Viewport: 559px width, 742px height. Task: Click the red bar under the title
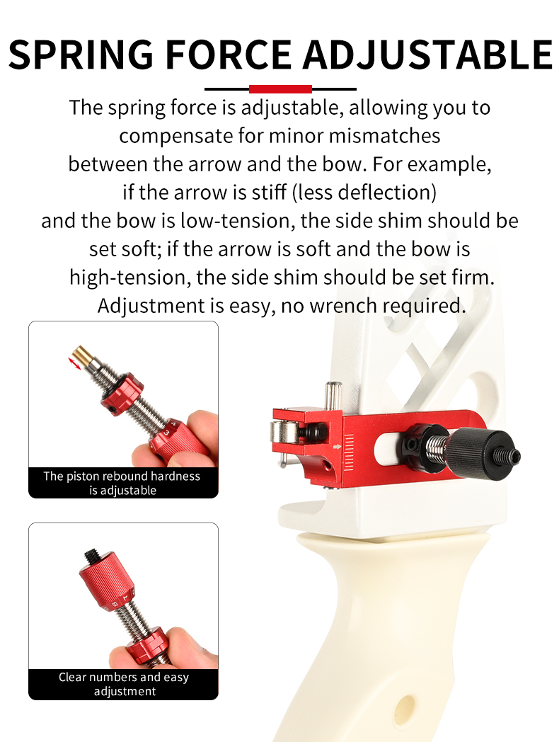[x=280, y=89]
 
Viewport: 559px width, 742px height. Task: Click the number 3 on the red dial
[x=166, y=430]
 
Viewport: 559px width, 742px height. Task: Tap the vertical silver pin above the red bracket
[x=332, y=394]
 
